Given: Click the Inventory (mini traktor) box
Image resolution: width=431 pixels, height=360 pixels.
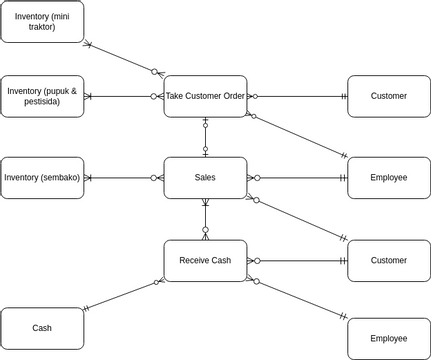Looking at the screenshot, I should click(x=42, y=21).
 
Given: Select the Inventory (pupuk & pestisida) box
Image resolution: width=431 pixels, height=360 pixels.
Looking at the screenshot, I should click(x=42, y=96).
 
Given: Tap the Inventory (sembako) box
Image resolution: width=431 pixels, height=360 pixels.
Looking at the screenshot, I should click(x=42, y=178).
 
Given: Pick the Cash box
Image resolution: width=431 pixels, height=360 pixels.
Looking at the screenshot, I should click(x=42, y=328).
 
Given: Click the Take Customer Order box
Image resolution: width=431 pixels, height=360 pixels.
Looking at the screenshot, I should click(x=205, y=96).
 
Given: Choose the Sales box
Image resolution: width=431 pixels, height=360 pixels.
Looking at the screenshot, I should click(x=205, y=178).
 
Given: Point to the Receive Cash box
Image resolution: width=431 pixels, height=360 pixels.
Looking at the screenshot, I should click(x=205, y=260).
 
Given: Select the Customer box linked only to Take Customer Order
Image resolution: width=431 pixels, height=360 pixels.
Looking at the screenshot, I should click(x=388, y=96).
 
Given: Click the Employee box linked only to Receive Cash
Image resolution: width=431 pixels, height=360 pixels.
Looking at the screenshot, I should click(x=388, y=339).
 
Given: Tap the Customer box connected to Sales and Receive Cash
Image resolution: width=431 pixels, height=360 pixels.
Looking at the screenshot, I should click(x=388, y=260).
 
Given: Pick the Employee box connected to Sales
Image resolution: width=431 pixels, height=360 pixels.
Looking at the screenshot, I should click(x=388, y=178).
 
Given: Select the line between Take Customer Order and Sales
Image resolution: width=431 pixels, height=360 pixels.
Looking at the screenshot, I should click(x=205, y=137).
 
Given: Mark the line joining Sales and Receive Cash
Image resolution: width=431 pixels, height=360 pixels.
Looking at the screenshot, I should click(x=205, y=219).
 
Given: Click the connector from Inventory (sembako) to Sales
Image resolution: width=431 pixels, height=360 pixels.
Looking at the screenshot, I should click(x=124, y=178).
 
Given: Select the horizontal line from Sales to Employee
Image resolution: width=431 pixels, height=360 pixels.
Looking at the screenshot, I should click(x=297, y=178).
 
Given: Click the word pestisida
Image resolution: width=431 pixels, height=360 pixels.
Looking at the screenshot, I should click(x=42, y=102).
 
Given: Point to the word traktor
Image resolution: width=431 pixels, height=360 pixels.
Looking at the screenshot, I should click(x=42, y=27).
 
